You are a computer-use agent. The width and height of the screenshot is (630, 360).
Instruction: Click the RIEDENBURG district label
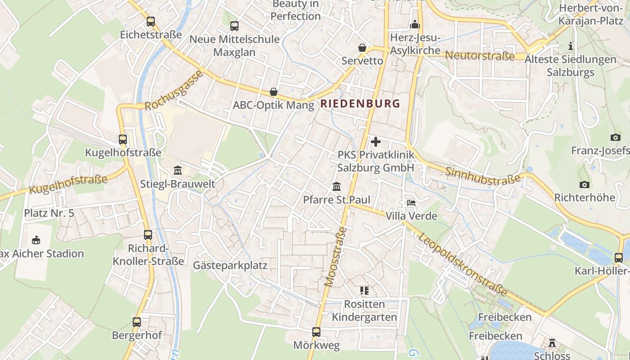coord(360,103)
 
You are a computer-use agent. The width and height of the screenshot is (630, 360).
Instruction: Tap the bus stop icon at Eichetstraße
coord(151,21)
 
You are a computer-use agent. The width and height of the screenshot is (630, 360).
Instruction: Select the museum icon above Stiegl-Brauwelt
coord(178,171)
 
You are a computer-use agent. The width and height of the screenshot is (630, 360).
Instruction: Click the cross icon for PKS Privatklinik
coord(375,142)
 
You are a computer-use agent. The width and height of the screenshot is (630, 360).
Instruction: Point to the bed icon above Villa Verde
coord(411,203)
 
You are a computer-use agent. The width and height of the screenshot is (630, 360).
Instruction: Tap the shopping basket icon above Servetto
coord(362,48)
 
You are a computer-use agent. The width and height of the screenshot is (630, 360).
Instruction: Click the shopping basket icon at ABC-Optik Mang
coord(273,92)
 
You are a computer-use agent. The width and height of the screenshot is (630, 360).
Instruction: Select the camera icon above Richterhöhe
coord(584,184)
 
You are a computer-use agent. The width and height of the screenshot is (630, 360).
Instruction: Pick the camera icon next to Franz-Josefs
coord(615,137)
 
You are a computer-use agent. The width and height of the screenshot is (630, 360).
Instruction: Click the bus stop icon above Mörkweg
coord(316,332)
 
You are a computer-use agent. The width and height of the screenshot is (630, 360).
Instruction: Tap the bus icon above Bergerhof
coord(137,322)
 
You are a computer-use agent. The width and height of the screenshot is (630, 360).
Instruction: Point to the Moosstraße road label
coord(335,257)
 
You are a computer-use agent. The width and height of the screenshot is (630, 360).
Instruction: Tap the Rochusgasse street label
coord(174,91)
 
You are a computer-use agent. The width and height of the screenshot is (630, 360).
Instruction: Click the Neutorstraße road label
coord(480,56)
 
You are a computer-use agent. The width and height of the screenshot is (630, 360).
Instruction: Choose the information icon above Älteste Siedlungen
coord(571,46)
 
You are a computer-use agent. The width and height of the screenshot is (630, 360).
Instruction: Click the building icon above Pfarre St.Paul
coord(337,186)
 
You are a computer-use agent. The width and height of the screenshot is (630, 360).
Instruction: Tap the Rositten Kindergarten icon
coord(364,291)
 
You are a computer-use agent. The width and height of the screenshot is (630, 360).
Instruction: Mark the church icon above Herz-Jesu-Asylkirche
coord(415,24)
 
